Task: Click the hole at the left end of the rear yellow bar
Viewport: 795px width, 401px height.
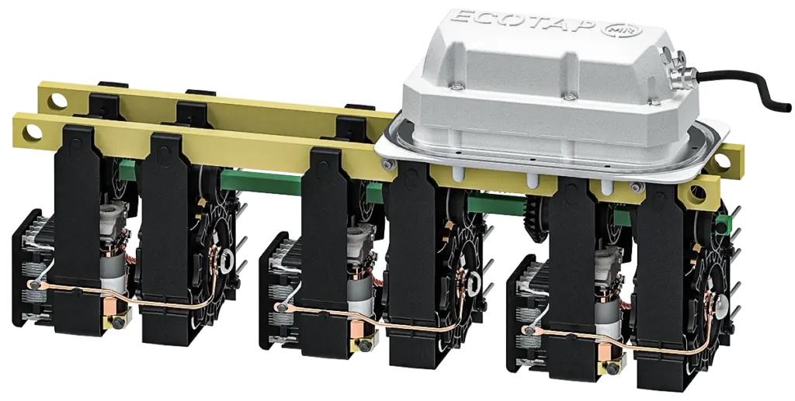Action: [x=58, y=100]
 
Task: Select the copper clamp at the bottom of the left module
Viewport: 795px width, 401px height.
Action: [x=110, y=307]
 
